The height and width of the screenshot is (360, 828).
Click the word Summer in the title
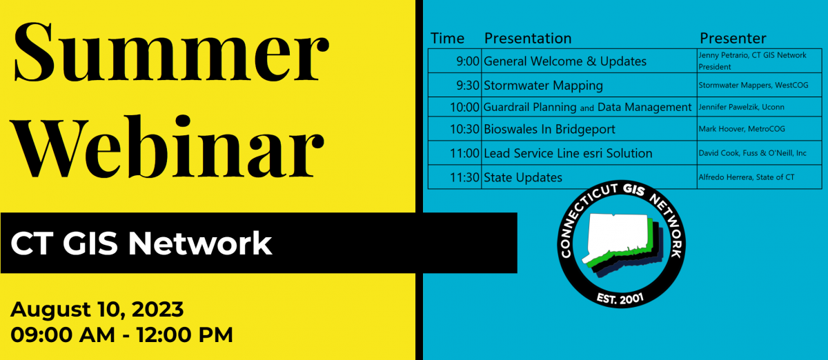point(171,52)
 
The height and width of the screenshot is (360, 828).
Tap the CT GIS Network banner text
point(141,243)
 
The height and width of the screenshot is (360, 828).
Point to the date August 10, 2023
point(97,310)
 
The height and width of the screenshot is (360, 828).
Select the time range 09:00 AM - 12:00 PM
point(121,335)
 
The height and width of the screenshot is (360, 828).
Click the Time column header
point(447,39)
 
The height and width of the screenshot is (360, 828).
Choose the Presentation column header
point(528,39)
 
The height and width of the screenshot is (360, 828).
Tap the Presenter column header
point(733,39)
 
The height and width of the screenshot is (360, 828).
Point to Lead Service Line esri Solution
point(568,153)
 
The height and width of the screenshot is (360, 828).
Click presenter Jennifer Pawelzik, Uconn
point(741,107)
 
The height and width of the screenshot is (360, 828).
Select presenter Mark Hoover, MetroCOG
point(742,129)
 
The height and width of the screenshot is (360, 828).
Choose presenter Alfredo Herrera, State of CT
point(747,177)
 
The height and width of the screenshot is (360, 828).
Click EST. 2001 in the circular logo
point(620,299)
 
